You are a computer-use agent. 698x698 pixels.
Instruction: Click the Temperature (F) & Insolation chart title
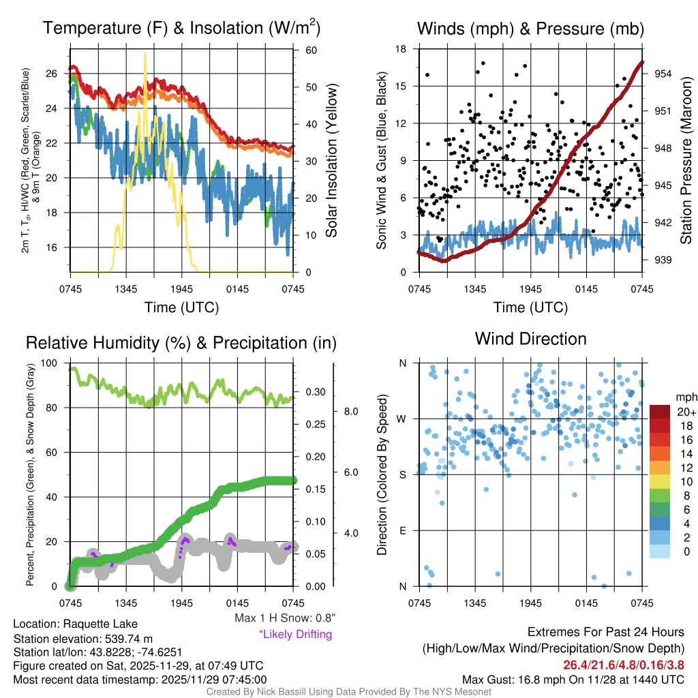point(181,29)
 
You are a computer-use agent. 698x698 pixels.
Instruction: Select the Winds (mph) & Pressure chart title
point(530,29)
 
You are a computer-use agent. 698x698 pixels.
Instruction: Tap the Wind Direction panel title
point(530,339)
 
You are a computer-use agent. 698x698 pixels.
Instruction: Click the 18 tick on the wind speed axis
point(401,49)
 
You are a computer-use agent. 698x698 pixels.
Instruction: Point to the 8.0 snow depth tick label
point(350,412)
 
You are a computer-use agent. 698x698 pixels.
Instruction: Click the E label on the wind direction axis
point(403,530)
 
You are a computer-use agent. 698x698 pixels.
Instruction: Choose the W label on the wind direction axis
point(402,419)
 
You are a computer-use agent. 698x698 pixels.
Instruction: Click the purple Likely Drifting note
point(295,634)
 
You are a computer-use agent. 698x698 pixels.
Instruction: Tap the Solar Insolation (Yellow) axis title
point(332,161)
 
